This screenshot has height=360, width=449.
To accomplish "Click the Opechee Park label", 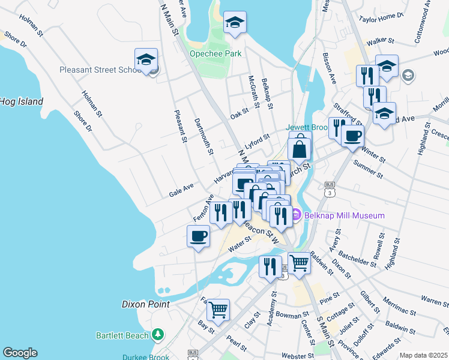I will pos(215,53).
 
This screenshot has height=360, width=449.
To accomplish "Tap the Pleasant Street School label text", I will pos(100,70).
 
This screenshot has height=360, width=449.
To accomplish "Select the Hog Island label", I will pos(22,101).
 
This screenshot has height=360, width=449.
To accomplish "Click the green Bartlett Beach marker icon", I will pos(158,333).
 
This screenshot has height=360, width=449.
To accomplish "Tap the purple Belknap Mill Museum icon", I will pos(295,214).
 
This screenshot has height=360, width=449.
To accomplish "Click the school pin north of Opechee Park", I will pos(235,23).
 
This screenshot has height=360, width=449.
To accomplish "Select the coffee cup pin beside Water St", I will pos(198,236).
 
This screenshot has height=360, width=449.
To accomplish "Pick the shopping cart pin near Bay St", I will pos(218,310).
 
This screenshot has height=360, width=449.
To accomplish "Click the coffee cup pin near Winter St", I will pos(352,135).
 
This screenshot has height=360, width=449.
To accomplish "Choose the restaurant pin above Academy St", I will pos(270,265).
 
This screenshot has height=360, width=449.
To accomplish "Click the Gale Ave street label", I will pos(181,190).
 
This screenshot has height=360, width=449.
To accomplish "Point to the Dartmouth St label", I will pos(203,136).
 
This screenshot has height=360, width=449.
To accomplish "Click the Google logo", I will pos(20,353).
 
